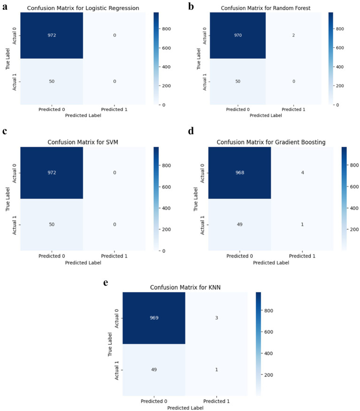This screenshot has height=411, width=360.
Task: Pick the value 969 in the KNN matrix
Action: (x=154, y=318)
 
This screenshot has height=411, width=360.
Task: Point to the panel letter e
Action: (x=106, y=283)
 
